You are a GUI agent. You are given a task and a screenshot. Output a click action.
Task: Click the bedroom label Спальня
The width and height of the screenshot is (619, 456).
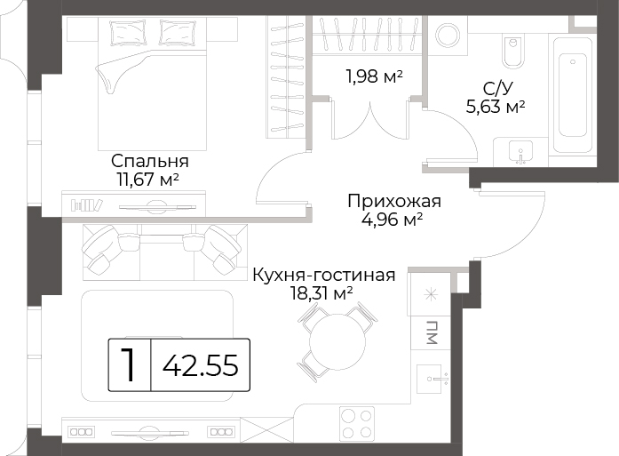(150, 162)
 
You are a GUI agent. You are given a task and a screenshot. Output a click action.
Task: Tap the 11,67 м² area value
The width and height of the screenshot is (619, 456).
(147, 180)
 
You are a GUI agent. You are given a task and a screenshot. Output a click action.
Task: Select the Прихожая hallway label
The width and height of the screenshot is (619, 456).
(394, 201)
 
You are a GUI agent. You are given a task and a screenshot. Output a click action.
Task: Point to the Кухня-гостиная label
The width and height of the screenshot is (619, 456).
(324, 275)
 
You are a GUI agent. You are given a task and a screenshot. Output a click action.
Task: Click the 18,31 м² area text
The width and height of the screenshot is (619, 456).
(321, 293)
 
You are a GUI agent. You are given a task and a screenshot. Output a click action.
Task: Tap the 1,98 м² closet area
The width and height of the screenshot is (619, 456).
(374, 76)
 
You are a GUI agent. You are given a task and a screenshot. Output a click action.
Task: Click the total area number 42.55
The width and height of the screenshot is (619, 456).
(201, 365)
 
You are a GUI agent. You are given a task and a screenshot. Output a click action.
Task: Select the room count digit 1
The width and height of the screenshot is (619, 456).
(128, 364)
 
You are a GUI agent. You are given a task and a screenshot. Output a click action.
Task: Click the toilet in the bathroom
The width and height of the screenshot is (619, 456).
(513, 51)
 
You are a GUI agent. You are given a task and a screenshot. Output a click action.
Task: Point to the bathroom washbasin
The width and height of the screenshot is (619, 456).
(520, 153)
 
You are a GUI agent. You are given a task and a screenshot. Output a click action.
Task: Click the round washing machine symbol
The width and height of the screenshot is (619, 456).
(448, 36)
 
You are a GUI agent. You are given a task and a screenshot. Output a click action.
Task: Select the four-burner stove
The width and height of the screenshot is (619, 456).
(357, 423)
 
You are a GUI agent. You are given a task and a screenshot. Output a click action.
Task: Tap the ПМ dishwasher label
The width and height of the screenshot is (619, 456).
(433, 332)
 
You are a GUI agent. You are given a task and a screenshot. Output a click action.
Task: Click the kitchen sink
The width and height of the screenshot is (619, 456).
(433, 379)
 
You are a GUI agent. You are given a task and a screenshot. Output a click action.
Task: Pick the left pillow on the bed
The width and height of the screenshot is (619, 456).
(127, 33)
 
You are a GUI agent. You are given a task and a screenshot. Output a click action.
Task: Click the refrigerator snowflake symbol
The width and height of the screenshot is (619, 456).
(431, 295)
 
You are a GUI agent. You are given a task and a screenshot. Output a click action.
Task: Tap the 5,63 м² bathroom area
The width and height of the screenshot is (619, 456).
(496, 107)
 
